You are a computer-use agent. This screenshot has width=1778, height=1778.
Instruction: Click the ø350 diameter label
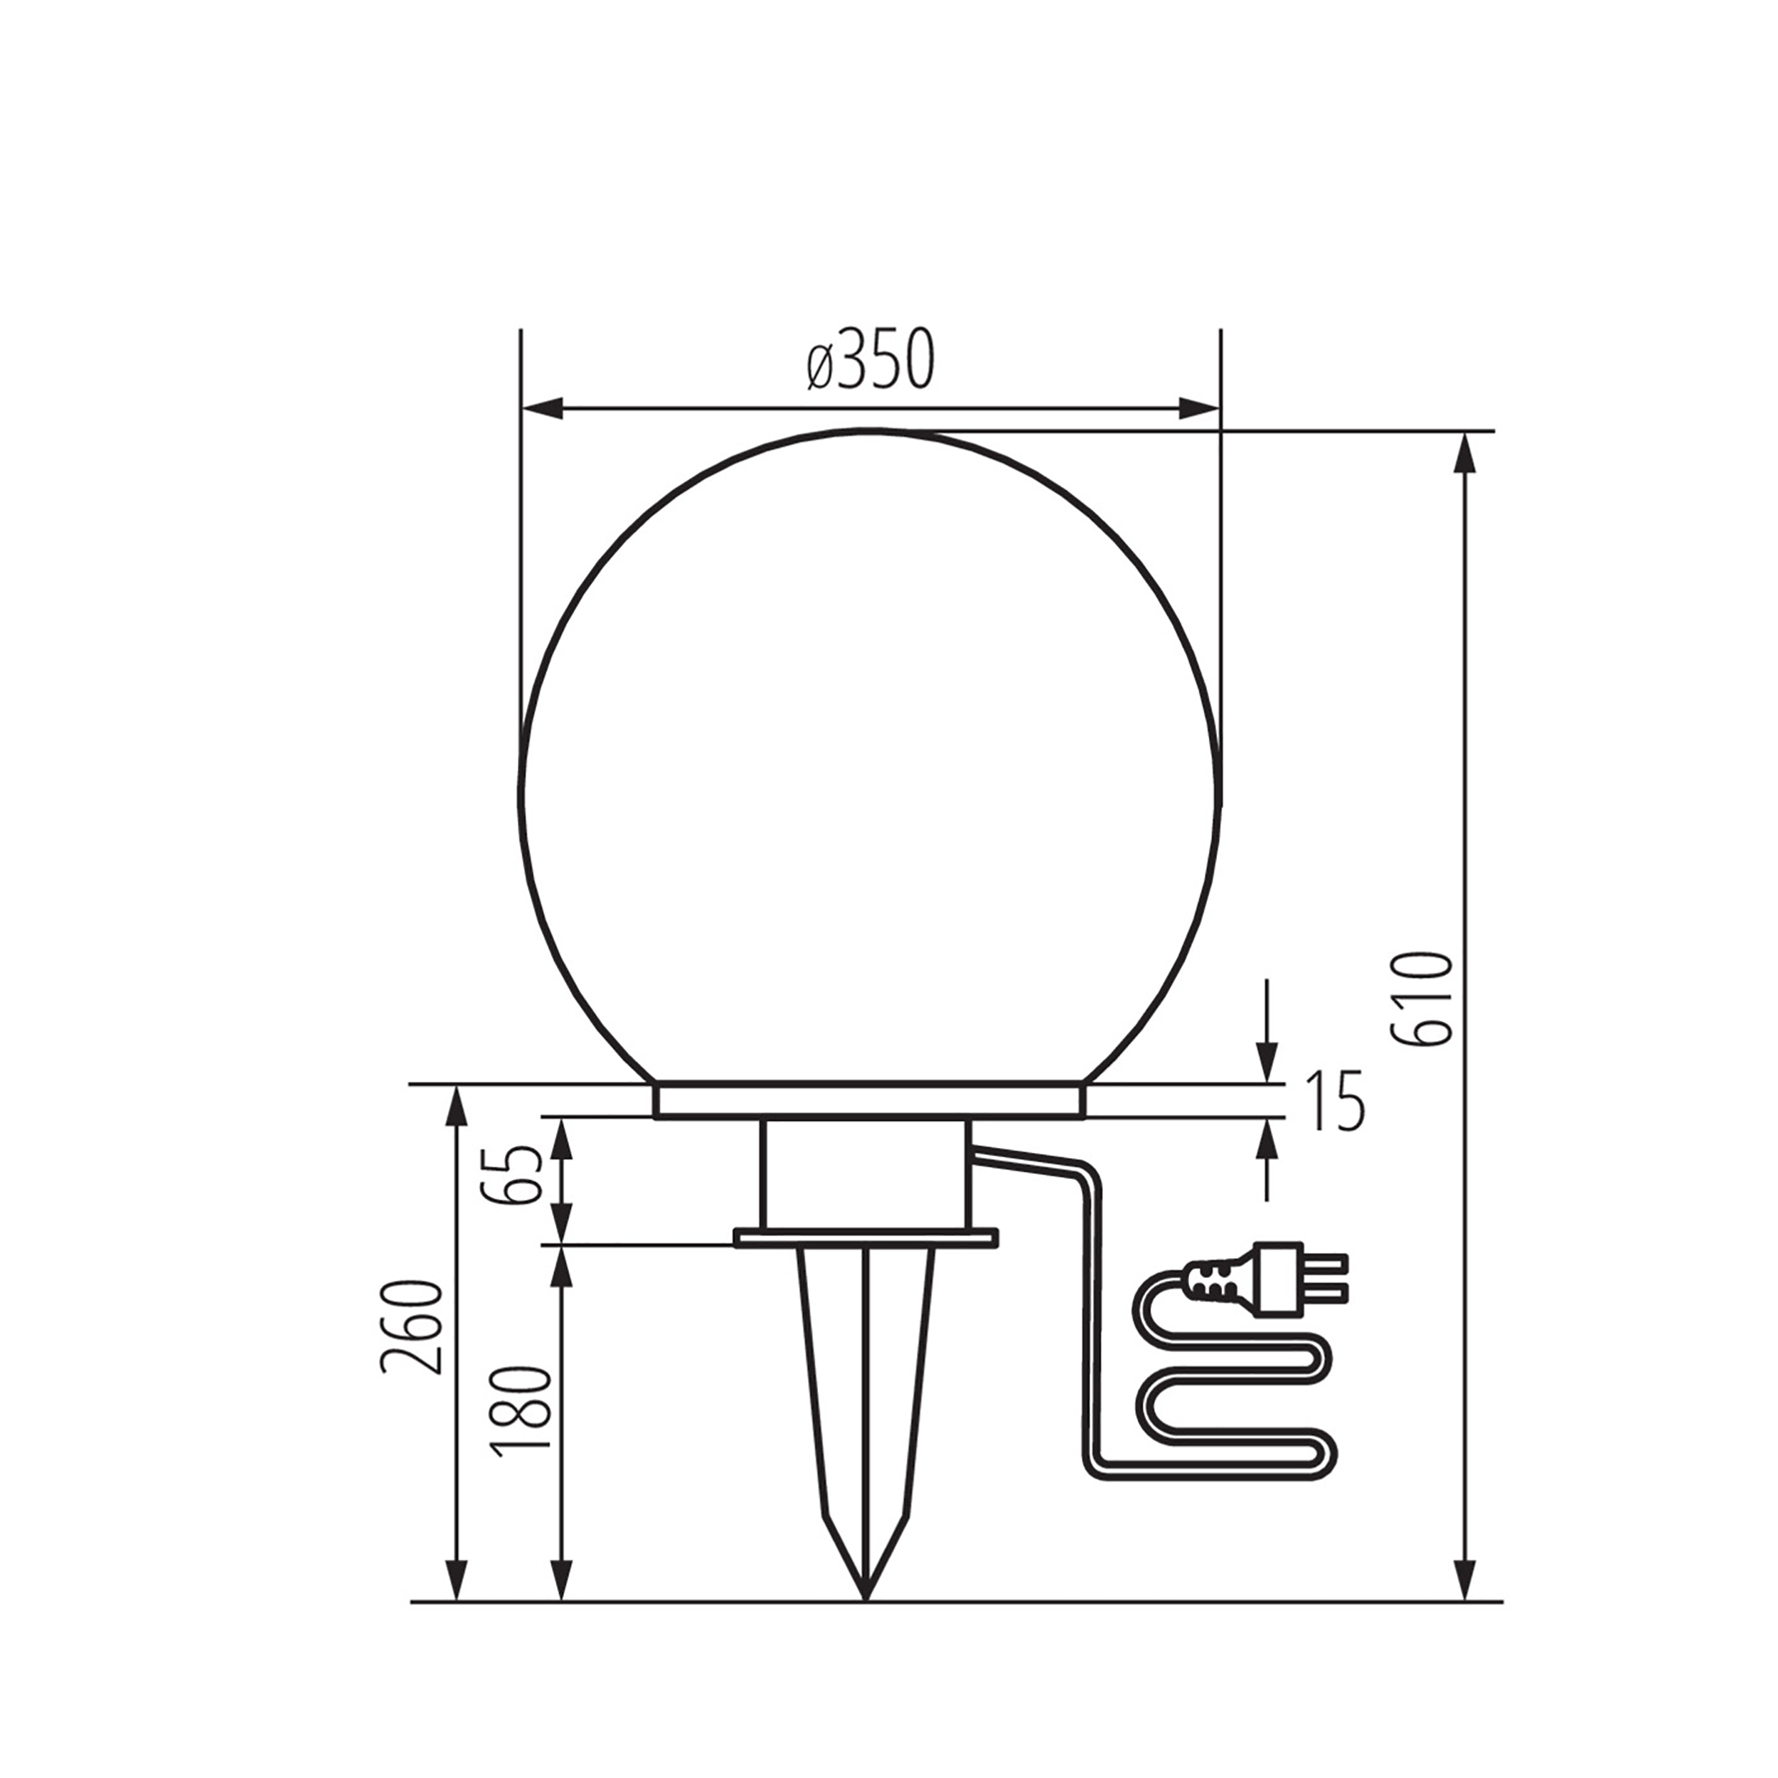(871, 359)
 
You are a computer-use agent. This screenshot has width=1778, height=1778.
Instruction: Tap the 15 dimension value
(1336, 1101)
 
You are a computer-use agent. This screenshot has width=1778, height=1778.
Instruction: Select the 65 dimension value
(520, 1175)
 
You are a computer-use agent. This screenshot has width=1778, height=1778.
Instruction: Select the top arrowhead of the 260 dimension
(454, 1105)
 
